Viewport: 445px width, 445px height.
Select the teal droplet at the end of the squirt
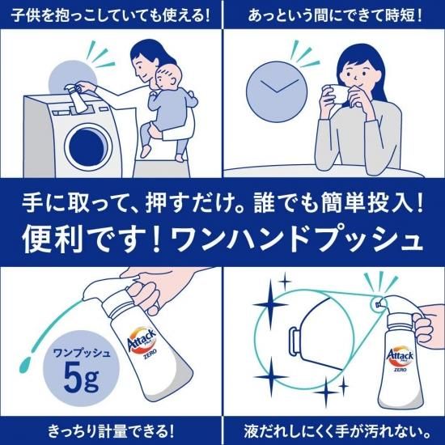[25, 364]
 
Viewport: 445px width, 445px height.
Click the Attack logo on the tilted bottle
[142, 339]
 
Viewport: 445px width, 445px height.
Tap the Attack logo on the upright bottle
[400, 355]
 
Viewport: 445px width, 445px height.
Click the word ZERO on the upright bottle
[400, 370]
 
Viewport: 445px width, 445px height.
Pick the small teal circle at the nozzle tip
[378, 303]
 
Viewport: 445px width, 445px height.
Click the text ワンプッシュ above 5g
[82, 353]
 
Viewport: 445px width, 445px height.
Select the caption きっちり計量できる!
[111, 430]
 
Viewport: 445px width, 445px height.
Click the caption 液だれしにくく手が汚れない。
[334, 430]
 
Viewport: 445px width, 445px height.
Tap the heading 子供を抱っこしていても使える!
[111, 15]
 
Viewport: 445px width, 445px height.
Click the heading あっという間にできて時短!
[334, 15]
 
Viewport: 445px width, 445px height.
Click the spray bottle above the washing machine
[76, 99]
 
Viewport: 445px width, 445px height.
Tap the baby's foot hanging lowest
[180, 157]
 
